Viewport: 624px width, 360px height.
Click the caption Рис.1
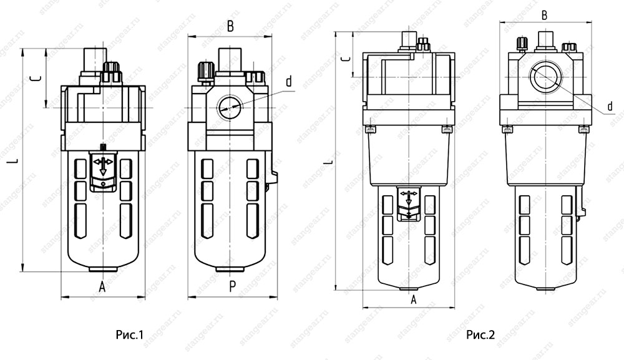point(129,334)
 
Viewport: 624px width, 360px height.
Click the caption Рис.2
point(480,334)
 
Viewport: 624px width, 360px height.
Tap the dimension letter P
point(232,286)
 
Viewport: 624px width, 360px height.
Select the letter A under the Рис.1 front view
point(102,286)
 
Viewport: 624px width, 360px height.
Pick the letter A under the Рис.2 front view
point(414,299)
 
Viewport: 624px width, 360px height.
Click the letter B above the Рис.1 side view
point(230,26)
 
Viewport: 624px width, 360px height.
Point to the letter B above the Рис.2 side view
point(545,15)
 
